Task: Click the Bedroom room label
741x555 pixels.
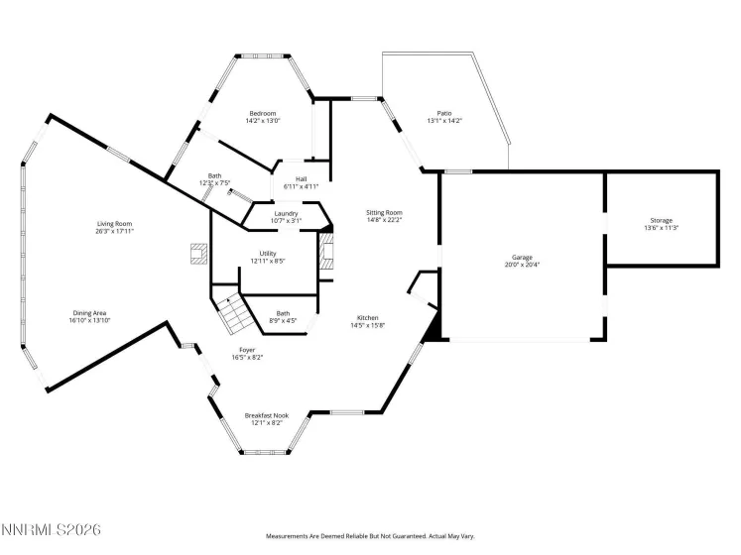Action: pyautogui.click(x=263, y=114)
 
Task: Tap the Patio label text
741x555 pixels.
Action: pyautogui.click(x=444, y=114)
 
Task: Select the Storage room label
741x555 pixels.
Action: pyautogui.click(x=662, y=220)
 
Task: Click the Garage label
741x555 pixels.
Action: pyautogui.click(x=521, y=258)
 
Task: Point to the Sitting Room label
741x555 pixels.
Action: pyautogui.click(x=384, y=213)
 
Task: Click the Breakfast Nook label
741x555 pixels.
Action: pyautogui.click(x=266, y=416)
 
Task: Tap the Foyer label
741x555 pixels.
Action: pyautogui.click(x=248, y=350)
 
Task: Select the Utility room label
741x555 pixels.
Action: pyautogui.click(x=268, y=254)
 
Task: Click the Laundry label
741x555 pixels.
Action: pyautogui.click(x=288, y=213)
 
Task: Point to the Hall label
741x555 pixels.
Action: pyautogui.click(x=301, y=179)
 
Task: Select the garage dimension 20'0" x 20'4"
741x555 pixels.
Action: pyautogui.click(x=521, y=266)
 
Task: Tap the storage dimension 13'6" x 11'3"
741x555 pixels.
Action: pyautogui.click(x=662, y=228)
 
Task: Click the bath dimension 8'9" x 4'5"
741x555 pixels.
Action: pyautogui.click(x=284, y=320)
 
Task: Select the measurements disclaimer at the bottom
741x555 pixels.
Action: pyautogui.click(x=370, y=536)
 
